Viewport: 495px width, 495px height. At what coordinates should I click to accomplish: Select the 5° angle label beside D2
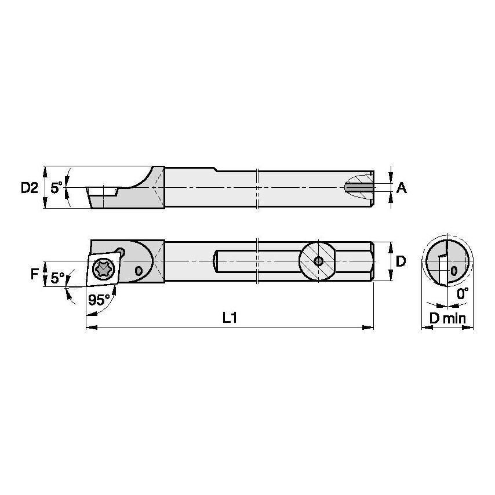(x=56, y=187)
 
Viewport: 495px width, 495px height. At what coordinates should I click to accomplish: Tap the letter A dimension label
(x=402, y=188)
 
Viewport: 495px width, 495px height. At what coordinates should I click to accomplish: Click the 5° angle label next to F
(x=57, y=278)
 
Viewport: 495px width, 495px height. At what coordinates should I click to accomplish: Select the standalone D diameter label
(x=400, y=261)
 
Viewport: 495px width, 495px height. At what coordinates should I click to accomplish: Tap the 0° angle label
(x=462, y=294)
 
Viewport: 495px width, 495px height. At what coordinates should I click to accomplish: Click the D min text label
(x=447, y=318)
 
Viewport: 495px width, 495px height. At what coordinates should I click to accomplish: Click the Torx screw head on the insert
(x=103, y=270)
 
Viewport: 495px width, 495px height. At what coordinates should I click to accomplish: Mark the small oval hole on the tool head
(x=138, y=271)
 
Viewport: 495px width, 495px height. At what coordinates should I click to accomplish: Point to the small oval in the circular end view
(x=454, y=271)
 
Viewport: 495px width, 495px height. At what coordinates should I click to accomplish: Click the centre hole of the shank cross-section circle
(x=318, y=261)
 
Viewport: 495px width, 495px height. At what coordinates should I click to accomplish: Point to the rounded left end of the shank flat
(x=216, y=261)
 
